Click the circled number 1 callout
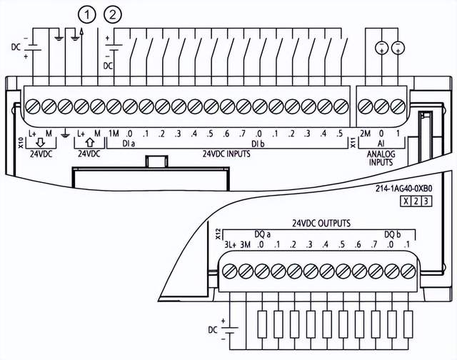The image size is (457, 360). [x=88, y=14]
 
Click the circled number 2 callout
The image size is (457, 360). [x=113, y=14]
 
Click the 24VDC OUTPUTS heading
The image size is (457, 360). [x=321, y=223]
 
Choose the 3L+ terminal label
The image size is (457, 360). [x=230, y=245]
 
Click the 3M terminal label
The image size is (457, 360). [x=246, y=245]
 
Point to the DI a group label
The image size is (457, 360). [x=129, y=144]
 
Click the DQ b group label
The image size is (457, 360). [x=392, y=234]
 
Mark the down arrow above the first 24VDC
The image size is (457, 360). [x=39, y=143]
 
